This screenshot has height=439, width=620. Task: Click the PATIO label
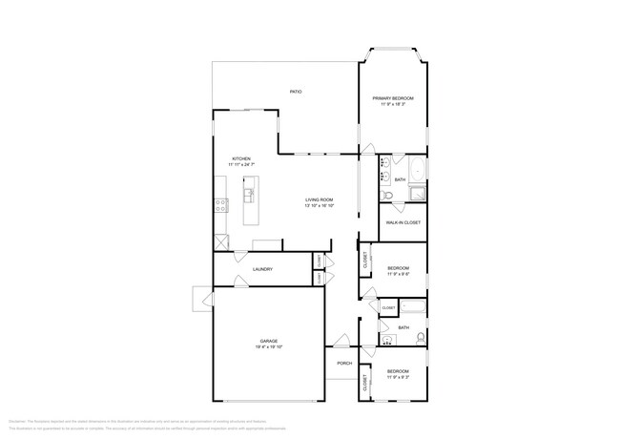click(x=296, y=92)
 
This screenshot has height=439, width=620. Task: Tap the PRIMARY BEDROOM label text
click(x=392, y=98)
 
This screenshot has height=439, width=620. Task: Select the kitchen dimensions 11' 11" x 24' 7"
click(x=241, y=165)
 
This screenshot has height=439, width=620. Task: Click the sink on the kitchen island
click(x=249, y=196)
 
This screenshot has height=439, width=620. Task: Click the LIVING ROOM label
click(x=318, y=199)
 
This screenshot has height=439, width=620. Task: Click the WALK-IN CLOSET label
click(x=403, y=223)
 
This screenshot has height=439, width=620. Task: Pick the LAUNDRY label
click(x=262, y=269)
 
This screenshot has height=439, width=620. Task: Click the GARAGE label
click(x=270, y=341)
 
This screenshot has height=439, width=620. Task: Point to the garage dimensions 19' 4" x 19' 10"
click(x=270, y=347)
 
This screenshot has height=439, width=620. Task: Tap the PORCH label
click(x=343, y=363)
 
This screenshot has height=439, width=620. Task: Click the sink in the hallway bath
click(x=386, y=338)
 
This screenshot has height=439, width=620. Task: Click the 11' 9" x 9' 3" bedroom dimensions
click(x=398, y=377)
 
